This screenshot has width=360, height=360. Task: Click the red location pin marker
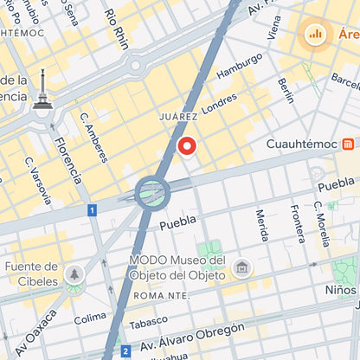[187, 146]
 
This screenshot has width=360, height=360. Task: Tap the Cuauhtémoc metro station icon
[347, 144]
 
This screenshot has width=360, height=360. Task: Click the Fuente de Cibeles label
[31, 273]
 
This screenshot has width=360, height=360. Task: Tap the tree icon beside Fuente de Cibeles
[75, 275]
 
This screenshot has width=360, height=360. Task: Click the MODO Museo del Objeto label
[177, 267]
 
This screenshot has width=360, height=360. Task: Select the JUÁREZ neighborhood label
[179, 116]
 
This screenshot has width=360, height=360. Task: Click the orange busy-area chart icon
[315, 35]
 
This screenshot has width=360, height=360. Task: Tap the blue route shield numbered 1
[92, 210]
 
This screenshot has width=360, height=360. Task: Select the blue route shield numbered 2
[125, 350]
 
